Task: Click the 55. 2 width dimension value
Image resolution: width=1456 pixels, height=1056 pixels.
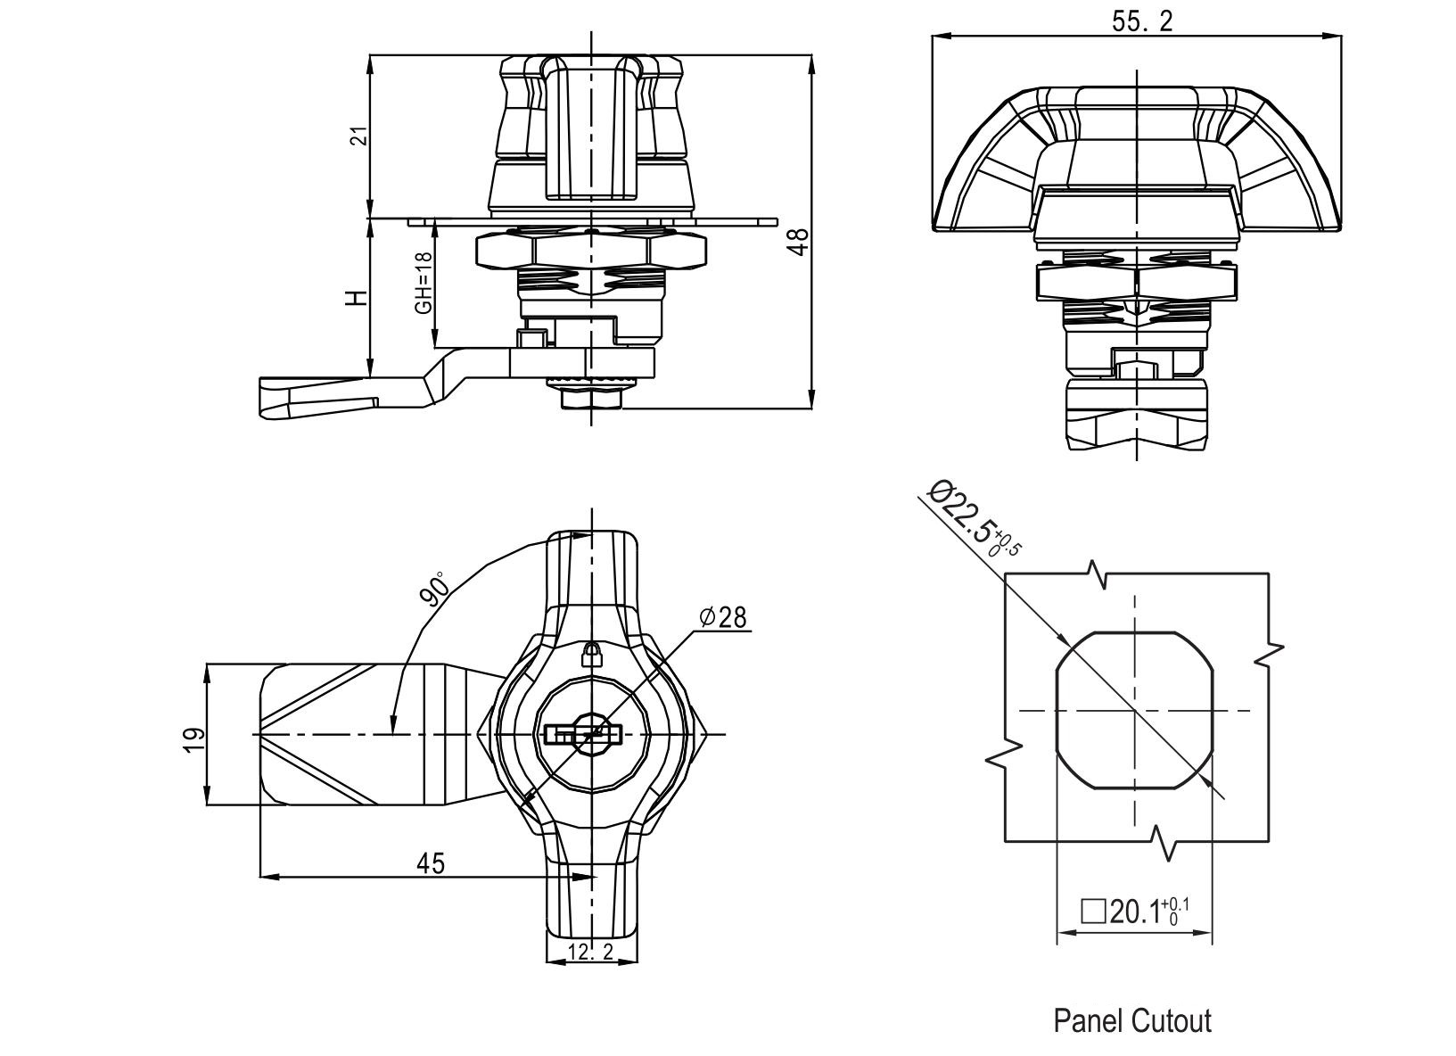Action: point(1142,22)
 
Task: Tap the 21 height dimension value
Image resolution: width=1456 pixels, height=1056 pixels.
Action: point(358,136)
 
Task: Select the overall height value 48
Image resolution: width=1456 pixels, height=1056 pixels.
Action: point(800,242)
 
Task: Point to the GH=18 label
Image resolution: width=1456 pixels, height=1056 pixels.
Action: point(424,283)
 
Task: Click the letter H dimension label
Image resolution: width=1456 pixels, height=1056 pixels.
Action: point(357,297)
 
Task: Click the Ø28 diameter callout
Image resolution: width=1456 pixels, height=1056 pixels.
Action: point(723,617)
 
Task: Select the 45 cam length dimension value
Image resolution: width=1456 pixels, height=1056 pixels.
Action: point(431,862)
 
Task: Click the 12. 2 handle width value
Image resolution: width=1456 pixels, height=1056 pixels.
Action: point(590,952)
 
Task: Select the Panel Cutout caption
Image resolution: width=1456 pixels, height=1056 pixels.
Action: point(1132,1020)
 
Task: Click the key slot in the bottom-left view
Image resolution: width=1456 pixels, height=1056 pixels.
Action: point(581,735)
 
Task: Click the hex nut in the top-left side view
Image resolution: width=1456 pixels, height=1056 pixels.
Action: point(591,251)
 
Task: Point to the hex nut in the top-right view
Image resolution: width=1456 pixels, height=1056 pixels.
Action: point(1136,284)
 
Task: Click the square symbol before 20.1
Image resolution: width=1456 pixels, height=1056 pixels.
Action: point(1092,912)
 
